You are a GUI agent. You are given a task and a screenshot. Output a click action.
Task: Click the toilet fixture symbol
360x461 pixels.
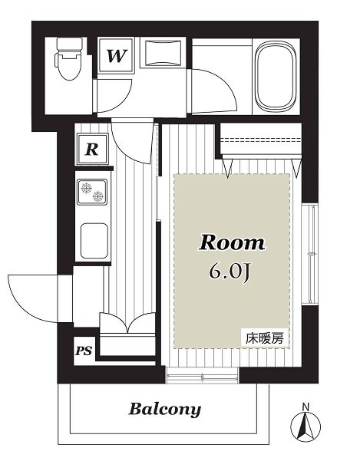point(68,59)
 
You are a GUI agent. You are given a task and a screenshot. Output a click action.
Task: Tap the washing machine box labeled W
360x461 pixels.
point(116,55)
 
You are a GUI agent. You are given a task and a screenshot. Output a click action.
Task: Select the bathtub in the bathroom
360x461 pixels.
point(275,77)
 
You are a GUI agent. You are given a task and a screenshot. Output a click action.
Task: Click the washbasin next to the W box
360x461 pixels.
point(163,53)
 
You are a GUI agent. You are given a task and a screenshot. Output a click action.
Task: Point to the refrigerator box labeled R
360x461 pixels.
point(93,149)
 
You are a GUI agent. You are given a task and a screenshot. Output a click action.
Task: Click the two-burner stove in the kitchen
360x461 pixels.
point(92,192)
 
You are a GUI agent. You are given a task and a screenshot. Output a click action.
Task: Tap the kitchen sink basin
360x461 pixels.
point(94,241)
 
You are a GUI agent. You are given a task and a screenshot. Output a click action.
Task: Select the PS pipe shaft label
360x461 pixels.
point(84,351)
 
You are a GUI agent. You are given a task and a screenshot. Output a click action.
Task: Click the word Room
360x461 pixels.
point(232,243)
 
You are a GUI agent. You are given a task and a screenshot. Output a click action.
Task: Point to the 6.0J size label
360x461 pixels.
point(230,273)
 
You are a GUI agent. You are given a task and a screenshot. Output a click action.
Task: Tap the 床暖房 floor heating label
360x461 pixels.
point(264,338)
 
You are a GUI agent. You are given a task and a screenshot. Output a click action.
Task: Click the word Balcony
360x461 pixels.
point(165,410)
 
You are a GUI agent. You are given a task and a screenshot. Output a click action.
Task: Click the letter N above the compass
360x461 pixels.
point(306,407)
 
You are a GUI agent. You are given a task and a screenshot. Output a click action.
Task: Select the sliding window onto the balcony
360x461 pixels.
point(203,375)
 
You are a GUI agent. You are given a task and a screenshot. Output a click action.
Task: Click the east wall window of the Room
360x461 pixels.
point(310,254)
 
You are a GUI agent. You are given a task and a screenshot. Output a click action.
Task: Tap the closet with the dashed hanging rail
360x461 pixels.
point(261,140)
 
